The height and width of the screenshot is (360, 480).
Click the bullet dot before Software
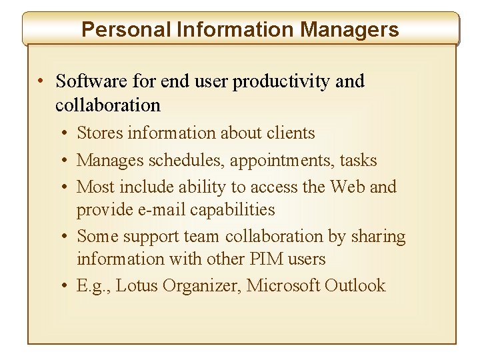pos(41,82)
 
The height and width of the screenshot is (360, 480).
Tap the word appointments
pos(283,161)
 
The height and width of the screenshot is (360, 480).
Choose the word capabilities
pos(233,209)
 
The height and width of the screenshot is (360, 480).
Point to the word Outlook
pos(355,285)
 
